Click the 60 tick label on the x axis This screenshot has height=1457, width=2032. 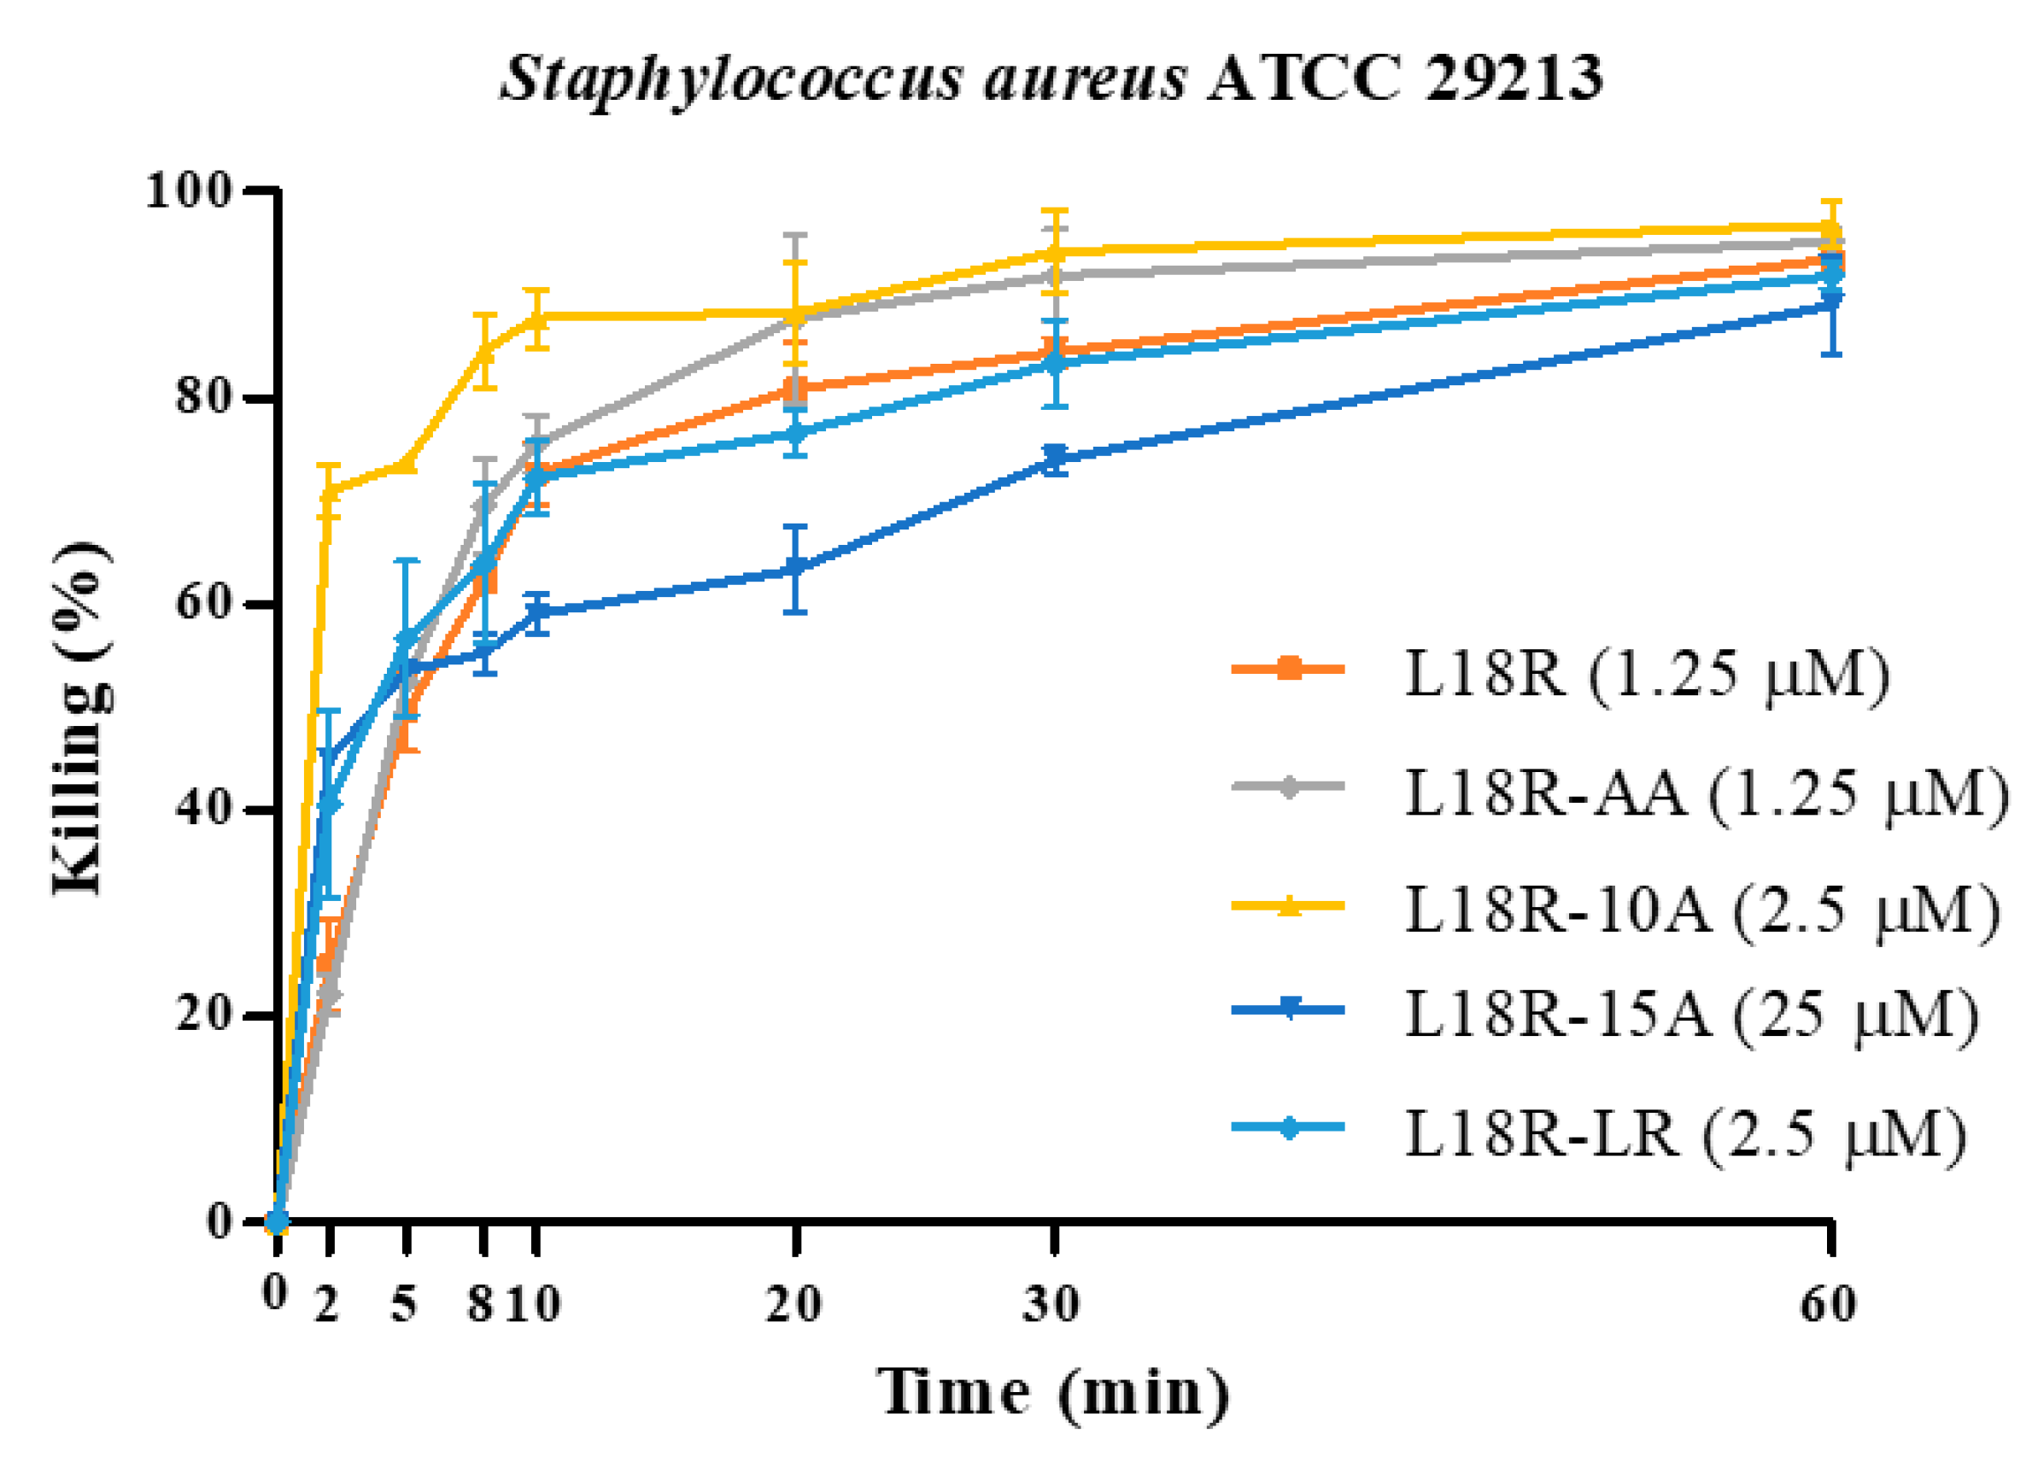[x=1828, y=1304]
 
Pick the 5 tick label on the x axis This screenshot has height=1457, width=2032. [x=405, y=1304]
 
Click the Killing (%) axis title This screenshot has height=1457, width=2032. [x=83, y=717]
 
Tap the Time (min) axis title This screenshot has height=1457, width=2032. [x=1053, y=1391]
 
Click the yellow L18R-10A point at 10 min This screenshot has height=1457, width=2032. [x=536, y=316]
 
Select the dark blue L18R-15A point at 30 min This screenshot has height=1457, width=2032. [x=1056, y=458]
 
